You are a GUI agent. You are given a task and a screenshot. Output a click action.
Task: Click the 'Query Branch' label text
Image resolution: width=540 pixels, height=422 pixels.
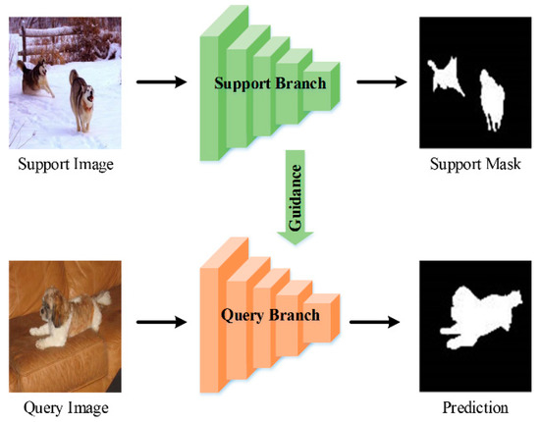pos(270,318)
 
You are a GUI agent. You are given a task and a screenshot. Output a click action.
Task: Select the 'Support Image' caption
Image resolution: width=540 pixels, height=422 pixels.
pos(66,163)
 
